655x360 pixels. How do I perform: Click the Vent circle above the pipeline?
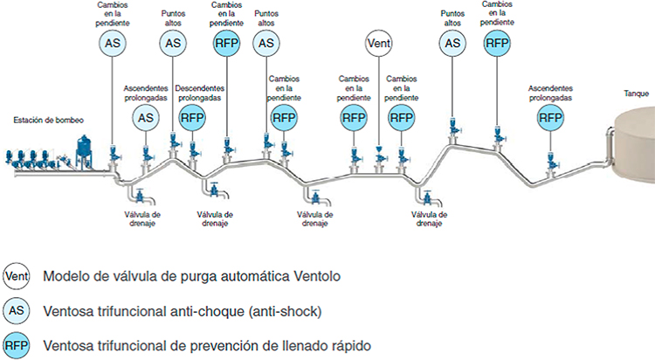[x=379, y=43]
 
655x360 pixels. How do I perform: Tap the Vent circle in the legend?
[x=17, y=276]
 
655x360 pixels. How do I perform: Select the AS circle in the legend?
[x=17, y=311]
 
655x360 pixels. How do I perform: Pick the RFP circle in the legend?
[x=17, y=346]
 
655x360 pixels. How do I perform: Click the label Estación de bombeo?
[x=48, y=121]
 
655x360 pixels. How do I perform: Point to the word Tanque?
[x=636, y=93]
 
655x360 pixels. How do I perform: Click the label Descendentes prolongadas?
[x=200, y=93]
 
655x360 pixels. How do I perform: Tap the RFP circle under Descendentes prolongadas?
[x=192, y=118]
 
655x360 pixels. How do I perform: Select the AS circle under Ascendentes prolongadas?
[x=146, y=118]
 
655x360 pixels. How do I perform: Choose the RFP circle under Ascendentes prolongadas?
[x=550, y=118]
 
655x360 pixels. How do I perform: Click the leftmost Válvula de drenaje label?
[x=142, y=219]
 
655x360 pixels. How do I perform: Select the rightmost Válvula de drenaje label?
[x=429, y=219]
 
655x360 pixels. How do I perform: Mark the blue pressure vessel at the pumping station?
[x=84, y=151]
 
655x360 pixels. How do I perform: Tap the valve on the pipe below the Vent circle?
[x=379, y=159]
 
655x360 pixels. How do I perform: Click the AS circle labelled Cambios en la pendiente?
[x=113, y=43]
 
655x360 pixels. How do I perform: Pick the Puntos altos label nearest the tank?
[x=452, y=18]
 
